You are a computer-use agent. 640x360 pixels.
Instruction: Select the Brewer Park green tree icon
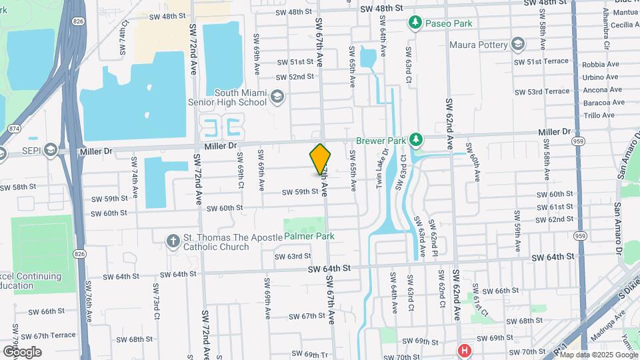coord(417,140)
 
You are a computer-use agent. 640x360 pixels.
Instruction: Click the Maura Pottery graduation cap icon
coord(518,45)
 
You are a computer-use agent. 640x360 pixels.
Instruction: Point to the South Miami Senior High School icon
coord(276,98)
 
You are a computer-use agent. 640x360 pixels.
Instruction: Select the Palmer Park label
coord(309,236)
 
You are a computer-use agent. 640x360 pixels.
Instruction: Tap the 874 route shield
coord(13,128)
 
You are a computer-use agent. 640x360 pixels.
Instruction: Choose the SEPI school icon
coord(51,151)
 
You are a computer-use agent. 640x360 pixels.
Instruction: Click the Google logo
coord(21,351)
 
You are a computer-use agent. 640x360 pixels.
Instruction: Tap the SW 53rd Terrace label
coord(549,91)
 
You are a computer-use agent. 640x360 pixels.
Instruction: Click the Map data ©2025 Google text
coord(599,355)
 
